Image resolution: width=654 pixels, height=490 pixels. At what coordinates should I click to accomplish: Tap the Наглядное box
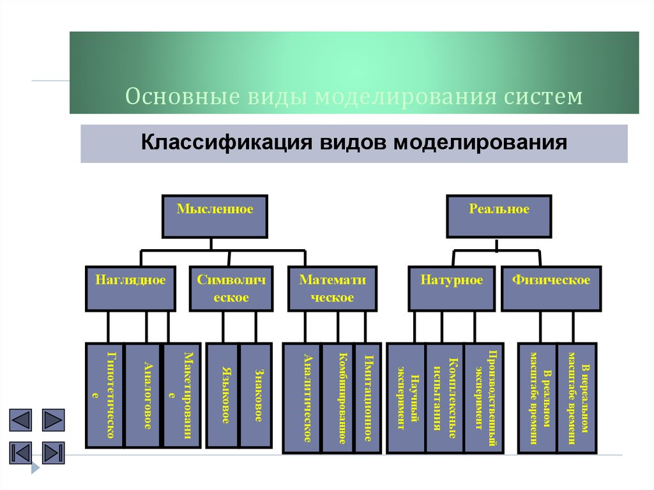coord(130,289)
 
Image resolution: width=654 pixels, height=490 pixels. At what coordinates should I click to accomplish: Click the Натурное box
coord(452,289)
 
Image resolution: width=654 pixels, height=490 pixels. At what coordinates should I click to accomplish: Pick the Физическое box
coord(551,289)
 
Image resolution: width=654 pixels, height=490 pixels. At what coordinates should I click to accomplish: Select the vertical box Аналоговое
coord(144,395)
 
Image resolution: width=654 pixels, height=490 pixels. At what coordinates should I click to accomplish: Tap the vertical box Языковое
coord(224,395)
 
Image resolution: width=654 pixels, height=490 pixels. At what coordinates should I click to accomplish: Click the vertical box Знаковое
coord(255,395)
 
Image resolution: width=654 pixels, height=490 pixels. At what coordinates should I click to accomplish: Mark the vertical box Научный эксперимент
coord(407,398)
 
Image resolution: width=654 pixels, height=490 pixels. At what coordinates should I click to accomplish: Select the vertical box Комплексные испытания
coord(445,398)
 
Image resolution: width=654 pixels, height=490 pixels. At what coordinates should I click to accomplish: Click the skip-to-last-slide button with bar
coord(54,452)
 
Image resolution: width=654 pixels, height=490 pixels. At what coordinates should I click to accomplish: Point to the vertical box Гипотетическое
coord(105,395)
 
